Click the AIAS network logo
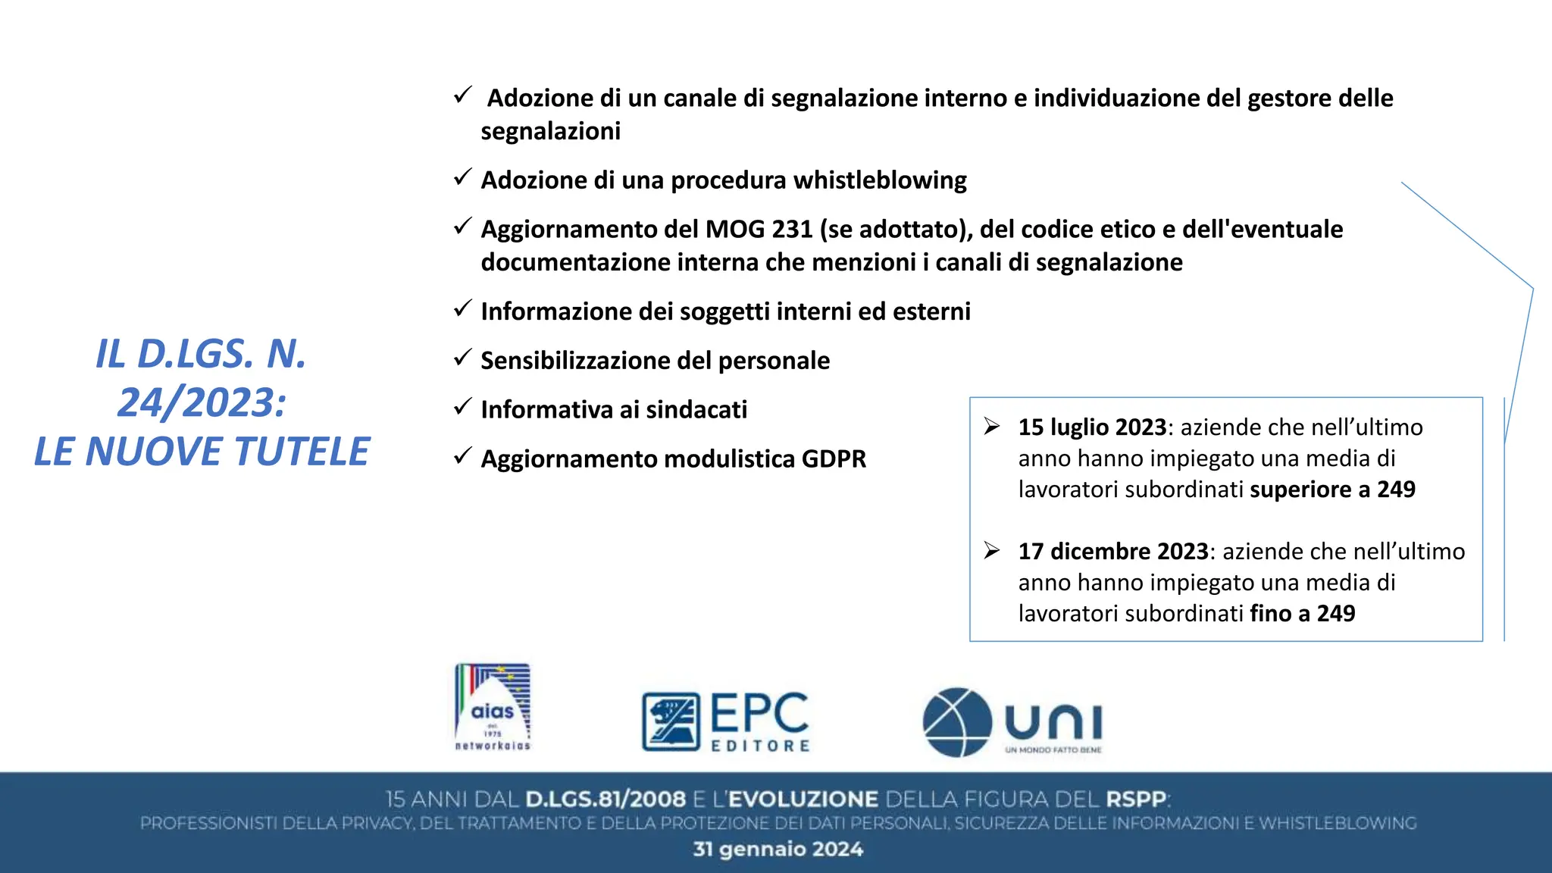coord(493,708)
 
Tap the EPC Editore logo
coord(726,721)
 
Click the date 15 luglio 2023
coord(1091,427)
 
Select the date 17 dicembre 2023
coord(1112,552)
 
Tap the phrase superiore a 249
coord(1332,490)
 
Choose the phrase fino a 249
coord(1302,614)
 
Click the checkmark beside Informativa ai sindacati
coord(463,408)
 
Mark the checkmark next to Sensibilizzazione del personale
coord(463,358)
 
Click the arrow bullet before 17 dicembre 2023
coord(992,550)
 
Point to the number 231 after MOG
coord(792,230)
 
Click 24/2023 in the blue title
coord(202,402)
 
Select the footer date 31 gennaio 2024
coord(778,849)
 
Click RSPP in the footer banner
coord(1136,799)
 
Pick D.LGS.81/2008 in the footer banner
coord(605,799)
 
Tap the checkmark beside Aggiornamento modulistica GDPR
coord(463,457)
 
